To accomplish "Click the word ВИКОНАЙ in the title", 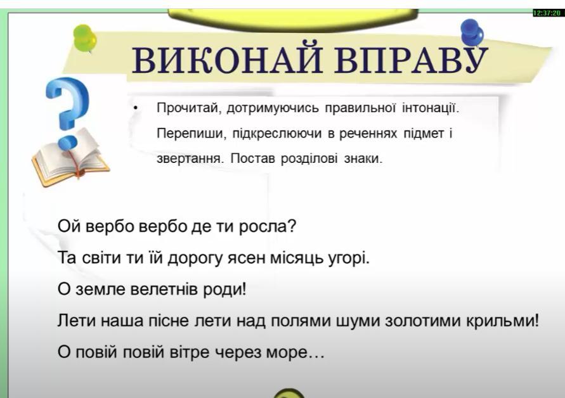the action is (x=227, y=60).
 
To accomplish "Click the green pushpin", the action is (x=85, y=38).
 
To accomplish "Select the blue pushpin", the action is (x=472, y=32).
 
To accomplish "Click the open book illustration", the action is (x=70, y=158).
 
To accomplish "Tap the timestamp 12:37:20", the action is (x=547, y=13).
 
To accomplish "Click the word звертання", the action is (x=190, y=158).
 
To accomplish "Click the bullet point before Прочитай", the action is (x=136, y=108).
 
